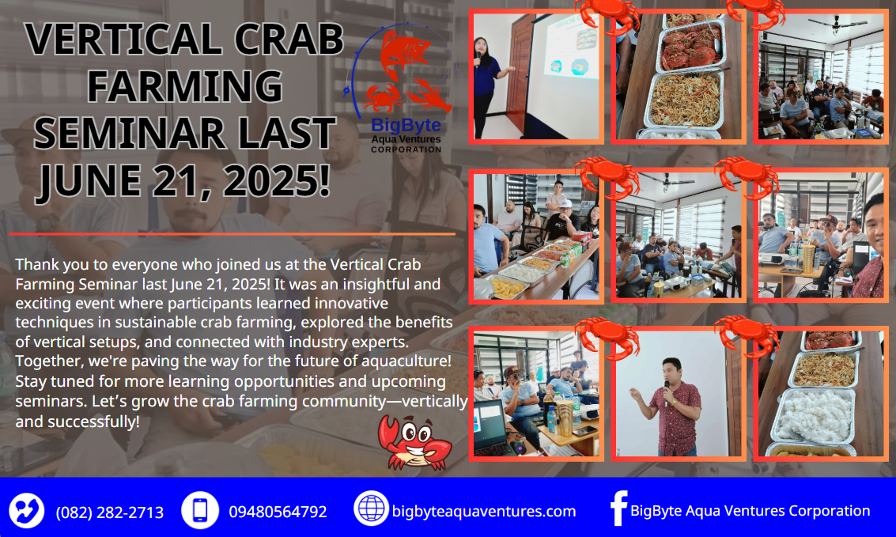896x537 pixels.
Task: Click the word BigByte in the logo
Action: pyautogui.click(x=406, y=125)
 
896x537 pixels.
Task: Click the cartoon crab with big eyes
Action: pyautogui.click(x=414, y=441)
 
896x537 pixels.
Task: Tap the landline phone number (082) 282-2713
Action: pyautogui.click(x=110, y=512)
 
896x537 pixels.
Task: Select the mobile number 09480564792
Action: pyautogui.click(x=278, y=512)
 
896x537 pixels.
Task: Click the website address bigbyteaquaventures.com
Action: pyautogui.click(x=483, y=511)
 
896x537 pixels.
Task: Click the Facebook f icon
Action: pyautogui.click(x=618, y=508)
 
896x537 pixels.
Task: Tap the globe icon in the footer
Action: pyautogui.click(x=371, y=508)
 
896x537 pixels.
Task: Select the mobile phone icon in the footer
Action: pyautogui.click(x=200, y=510)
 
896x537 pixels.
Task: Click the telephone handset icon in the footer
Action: pyautogui.click(x=26, y=510)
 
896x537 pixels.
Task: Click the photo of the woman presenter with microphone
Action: pyautogui.click(x=536, y=77)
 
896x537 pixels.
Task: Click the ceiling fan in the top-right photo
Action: pyautogui.click(x=836, y=24)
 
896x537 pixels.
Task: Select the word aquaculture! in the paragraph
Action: pyautogui.click(x=406, y=361)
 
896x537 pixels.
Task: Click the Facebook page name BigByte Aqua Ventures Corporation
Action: pyautogui.click(x=750, y=511)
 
